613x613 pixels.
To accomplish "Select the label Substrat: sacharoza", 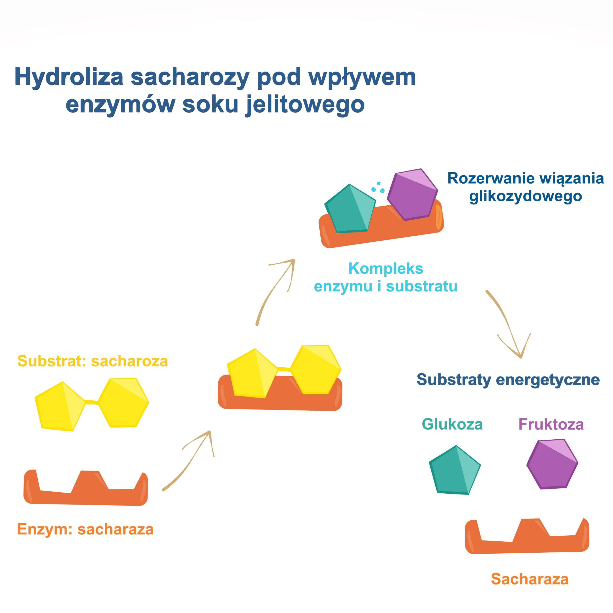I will (92, 361).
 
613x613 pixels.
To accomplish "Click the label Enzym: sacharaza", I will (85, 529).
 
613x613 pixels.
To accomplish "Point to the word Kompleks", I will (386, 269).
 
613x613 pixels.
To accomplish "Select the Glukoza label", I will (452, 424).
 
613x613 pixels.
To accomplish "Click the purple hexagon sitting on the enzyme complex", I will (412, 194).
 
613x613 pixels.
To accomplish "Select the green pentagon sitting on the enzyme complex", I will (349, 210).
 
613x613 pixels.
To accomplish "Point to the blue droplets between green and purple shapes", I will (378, 187).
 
